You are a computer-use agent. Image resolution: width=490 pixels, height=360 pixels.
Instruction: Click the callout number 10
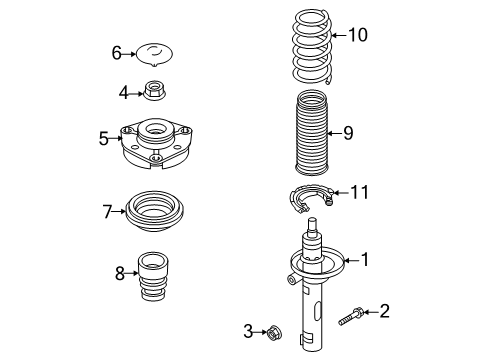click(x=358, y=35)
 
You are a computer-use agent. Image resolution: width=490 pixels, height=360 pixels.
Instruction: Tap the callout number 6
click(x=116, y=53)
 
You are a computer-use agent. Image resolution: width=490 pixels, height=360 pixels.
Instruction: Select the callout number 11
click(x=359, y=192)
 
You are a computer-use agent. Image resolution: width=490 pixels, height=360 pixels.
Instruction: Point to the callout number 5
click(x=104, y=138)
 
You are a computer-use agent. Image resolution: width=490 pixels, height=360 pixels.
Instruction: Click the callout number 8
click(x=120, y=273)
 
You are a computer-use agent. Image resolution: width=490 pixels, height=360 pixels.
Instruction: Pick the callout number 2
click(x=384, y=311)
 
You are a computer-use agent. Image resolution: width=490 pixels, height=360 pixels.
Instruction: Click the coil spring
click(x=312, y=47)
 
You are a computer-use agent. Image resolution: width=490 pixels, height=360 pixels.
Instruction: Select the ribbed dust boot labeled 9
click(x=312, y=133)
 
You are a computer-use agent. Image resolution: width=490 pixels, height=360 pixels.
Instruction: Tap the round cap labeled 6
click(x=155, y=54)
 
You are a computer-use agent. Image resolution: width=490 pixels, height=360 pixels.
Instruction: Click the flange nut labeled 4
click(x=154, y=92)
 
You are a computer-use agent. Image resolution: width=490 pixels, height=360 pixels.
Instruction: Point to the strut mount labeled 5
click(x=156, y=143)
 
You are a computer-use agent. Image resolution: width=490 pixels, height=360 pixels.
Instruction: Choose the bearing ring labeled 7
click(x=154, y=211)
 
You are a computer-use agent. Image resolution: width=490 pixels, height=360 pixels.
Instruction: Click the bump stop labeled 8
click(x=153, y=277)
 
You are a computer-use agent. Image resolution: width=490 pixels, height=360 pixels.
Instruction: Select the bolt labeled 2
click(x=351, y=316)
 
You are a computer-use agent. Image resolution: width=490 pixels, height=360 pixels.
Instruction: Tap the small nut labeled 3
click(x=274, y=332)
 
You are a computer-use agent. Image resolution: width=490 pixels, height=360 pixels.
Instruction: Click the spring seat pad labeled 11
click(x=311, y=198)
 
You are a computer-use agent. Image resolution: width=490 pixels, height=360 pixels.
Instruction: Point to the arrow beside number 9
click(x=335, y=133)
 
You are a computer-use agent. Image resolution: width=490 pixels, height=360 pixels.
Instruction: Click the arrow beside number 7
click(x=119, y=211)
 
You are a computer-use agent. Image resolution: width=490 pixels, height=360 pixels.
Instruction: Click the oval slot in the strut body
click(x=317, y=312)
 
